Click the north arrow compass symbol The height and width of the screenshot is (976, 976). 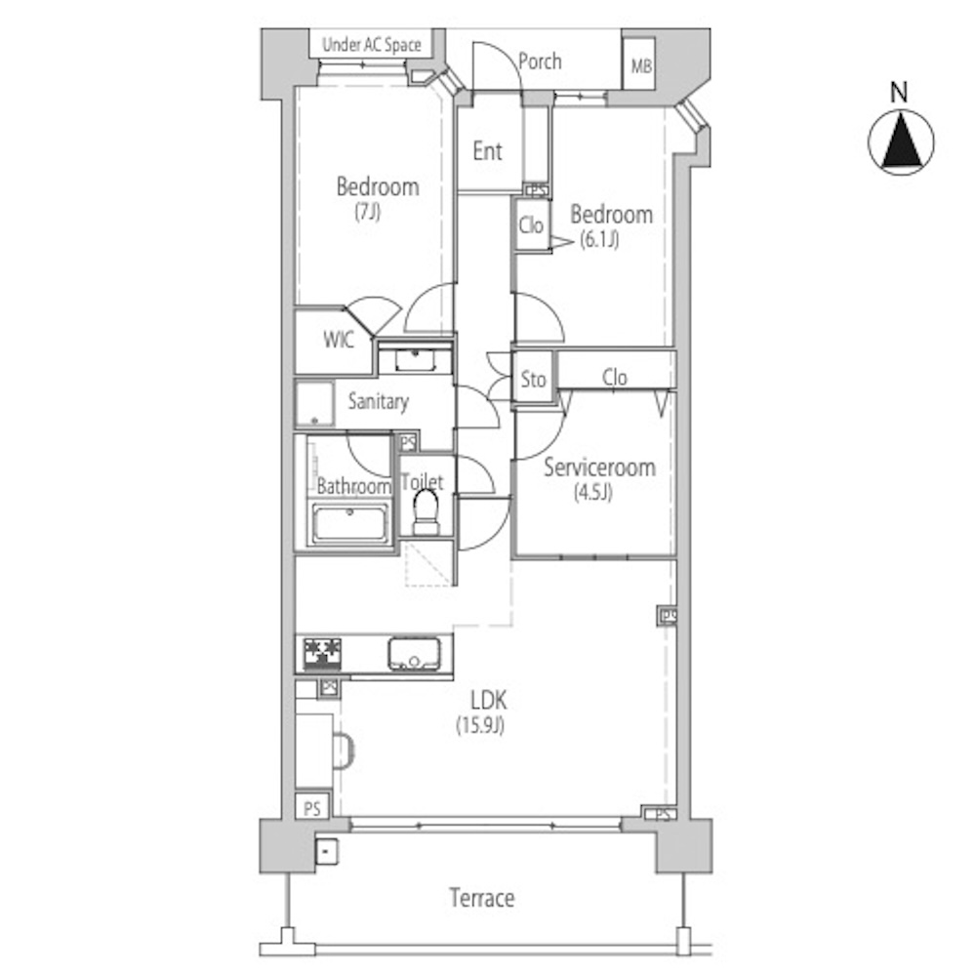point(901,142)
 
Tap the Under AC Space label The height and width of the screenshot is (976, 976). point(372,45)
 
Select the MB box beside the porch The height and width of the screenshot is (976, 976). point(639,63)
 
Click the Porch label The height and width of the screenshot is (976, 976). point(540,61)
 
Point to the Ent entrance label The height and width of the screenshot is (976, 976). point(487,150)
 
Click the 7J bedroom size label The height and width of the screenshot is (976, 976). point(367,212)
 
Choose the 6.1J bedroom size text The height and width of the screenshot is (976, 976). point(599,240)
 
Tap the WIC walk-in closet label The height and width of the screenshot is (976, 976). point(339,340)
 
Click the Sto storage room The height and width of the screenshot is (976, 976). point(534,379)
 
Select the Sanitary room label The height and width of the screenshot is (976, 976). point(378,401)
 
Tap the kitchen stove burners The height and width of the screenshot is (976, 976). point(322,654)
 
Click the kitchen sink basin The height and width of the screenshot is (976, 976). point(415,654)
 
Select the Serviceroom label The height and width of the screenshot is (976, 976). point(599,468)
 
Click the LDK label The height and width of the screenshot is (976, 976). point(489,701)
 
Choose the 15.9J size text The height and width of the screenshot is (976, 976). point(480,725)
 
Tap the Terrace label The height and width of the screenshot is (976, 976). point(482,898)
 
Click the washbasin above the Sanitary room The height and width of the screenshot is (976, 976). point(415,360)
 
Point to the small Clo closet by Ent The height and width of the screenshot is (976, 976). point(532,224)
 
